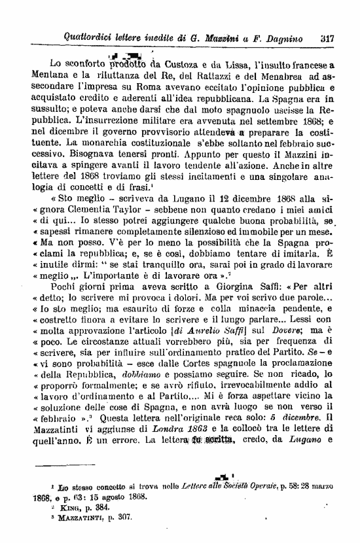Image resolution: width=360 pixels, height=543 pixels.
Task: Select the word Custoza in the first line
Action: click(175, 64)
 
